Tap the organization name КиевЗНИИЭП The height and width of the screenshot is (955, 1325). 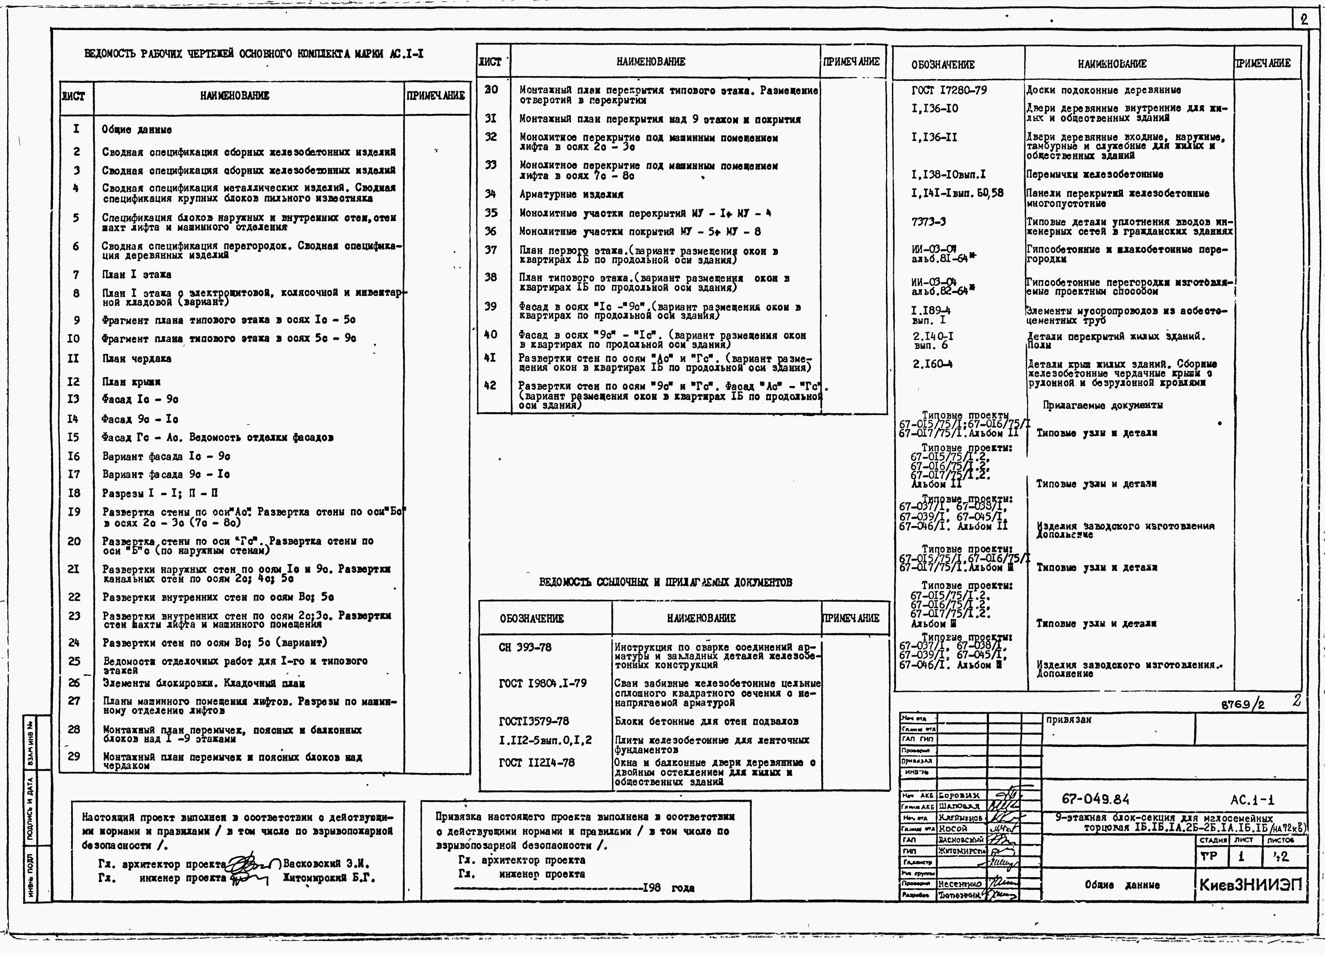[x=1250, y=885]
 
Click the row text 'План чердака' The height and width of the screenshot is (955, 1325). [x=137, y=359]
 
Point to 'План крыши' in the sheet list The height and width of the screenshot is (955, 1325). [x=131, y=382]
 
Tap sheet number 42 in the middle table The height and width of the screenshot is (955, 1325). [x=491, y=385]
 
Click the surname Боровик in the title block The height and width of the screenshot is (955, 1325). [x=959, y=796]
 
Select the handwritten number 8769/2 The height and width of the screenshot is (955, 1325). [x=1243, y=705]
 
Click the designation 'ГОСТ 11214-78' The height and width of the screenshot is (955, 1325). [x=536, y=763]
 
